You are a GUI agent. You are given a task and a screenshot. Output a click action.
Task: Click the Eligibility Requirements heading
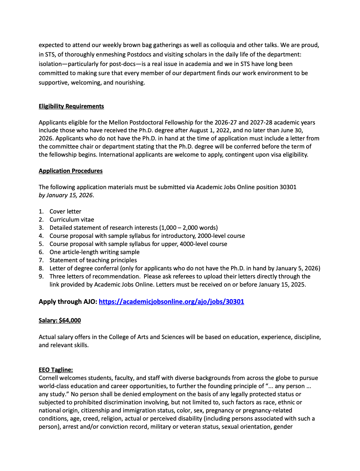[x=71, y=106]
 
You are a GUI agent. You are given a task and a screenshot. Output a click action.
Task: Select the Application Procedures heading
[x=70, y=171]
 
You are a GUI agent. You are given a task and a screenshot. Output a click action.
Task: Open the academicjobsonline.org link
[x=171, y=301]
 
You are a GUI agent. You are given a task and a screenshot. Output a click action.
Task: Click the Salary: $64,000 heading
[x=60, y=320]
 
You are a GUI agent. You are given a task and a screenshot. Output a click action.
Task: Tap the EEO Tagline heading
[x=55, y=370]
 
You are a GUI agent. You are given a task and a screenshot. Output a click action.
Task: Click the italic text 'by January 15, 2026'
[x=66, y=195]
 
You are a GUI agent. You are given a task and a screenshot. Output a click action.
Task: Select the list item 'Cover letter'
[x=65, y=211]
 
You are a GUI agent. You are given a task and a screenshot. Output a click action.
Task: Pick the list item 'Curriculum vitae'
[x=72, y=220]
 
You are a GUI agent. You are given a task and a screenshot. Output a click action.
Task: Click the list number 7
[x=41, y=260]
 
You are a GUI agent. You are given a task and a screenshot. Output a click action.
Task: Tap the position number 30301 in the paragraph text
[x=288, y=187]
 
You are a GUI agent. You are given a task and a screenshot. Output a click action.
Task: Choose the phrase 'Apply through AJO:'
[x=68, y=301]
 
